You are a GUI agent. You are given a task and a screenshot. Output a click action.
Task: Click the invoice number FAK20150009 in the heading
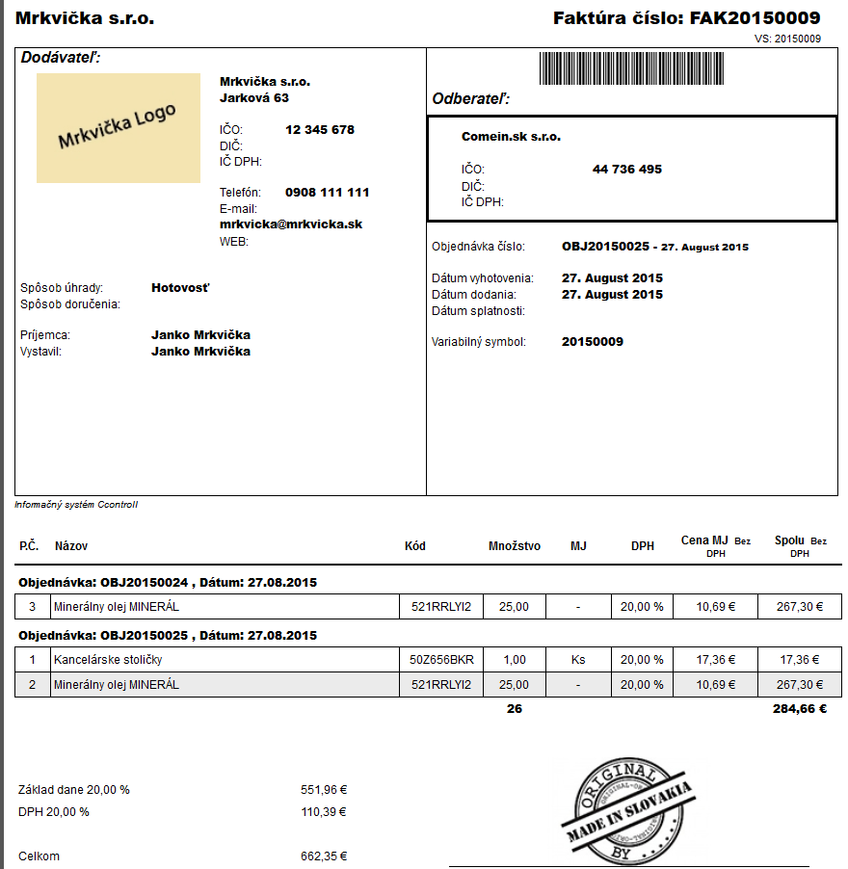[755, 18]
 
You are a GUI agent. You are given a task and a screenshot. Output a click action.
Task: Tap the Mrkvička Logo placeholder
[118, 127]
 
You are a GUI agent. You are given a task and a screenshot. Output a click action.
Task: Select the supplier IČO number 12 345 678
[320, 130]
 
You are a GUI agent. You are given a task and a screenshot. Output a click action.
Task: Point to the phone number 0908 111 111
[327, 193]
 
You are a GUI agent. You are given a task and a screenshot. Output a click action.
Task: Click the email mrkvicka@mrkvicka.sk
[291, 224]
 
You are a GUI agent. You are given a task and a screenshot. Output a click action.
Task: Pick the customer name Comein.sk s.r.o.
[511, 137]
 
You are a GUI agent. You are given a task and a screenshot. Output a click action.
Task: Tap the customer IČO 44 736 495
[626, 170]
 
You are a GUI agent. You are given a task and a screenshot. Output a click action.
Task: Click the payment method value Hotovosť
[180, 287]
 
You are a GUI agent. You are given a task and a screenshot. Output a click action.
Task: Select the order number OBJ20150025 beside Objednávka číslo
[603, 247]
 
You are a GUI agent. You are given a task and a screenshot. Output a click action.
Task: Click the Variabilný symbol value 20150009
[592, 342]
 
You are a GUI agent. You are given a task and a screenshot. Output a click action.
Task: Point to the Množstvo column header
[515, 546]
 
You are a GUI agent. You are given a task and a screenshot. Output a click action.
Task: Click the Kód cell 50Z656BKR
[440, 660]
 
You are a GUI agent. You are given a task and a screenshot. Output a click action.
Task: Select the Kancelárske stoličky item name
[108, 660]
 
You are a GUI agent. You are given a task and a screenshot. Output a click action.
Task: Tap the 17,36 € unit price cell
[715, 660]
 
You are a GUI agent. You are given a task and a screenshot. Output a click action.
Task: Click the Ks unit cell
[578, 660]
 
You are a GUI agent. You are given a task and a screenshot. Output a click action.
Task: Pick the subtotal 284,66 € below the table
[801, 709]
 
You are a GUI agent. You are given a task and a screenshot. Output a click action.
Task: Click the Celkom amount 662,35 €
[324, 856]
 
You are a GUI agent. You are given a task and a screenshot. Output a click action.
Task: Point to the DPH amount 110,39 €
[324, 812]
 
